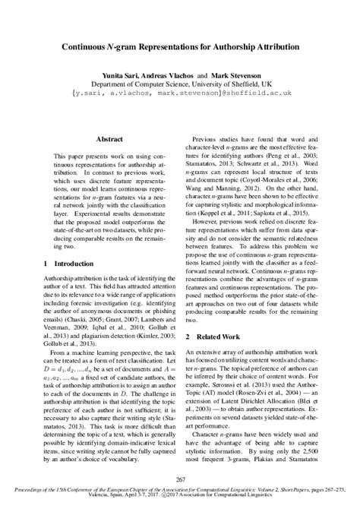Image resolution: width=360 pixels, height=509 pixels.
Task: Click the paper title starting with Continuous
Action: tap(180, 46)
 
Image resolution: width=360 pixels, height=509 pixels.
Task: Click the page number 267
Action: tap(180, 477)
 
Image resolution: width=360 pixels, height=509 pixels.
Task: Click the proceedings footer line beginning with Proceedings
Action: tap(180, 491)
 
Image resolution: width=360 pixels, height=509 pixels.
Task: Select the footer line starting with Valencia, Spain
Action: tap(180, 498)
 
